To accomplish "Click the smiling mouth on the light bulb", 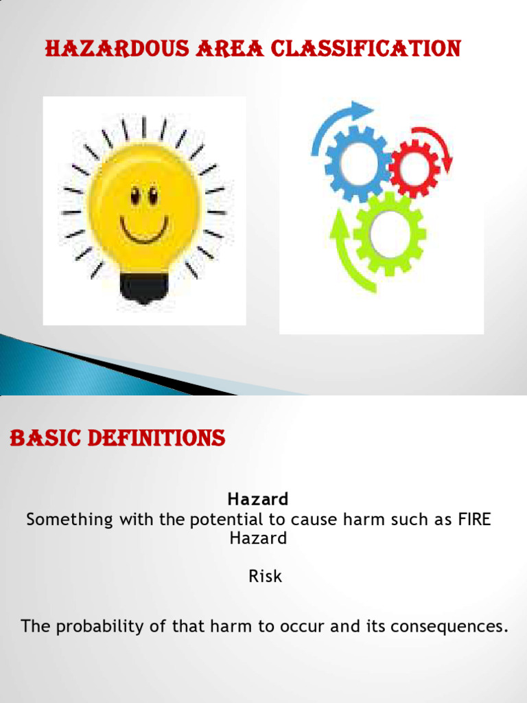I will (143, 229).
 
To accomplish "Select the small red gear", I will (413, 167).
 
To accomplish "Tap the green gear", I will (389, 234).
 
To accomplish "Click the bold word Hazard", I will (258, 498).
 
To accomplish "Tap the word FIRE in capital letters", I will (474, 519).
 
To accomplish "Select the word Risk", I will (265, 576).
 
